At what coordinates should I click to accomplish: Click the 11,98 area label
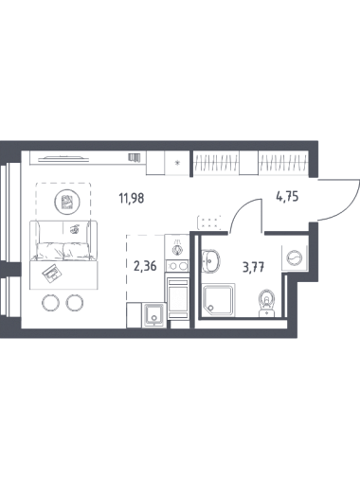point(132,199)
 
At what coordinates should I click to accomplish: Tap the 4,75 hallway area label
point(287,197)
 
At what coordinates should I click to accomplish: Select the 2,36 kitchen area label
point(145,266)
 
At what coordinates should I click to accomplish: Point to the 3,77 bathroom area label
point(253,268)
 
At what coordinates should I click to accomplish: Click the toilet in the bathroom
point(267,303)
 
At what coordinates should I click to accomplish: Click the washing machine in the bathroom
point(295,257)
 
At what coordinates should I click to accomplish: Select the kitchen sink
point(153,316)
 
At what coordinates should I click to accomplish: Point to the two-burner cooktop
point(177,266)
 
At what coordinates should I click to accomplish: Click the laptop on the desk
point(50,273)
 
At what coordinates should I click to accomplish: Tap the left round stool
point(50,303)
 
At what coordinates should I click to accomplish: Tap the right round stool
point(75,303)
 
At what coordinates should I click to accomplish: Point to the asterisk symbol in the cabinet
point(177,163)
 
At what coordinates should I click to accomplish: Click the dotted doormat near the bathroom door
point(209,222)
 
